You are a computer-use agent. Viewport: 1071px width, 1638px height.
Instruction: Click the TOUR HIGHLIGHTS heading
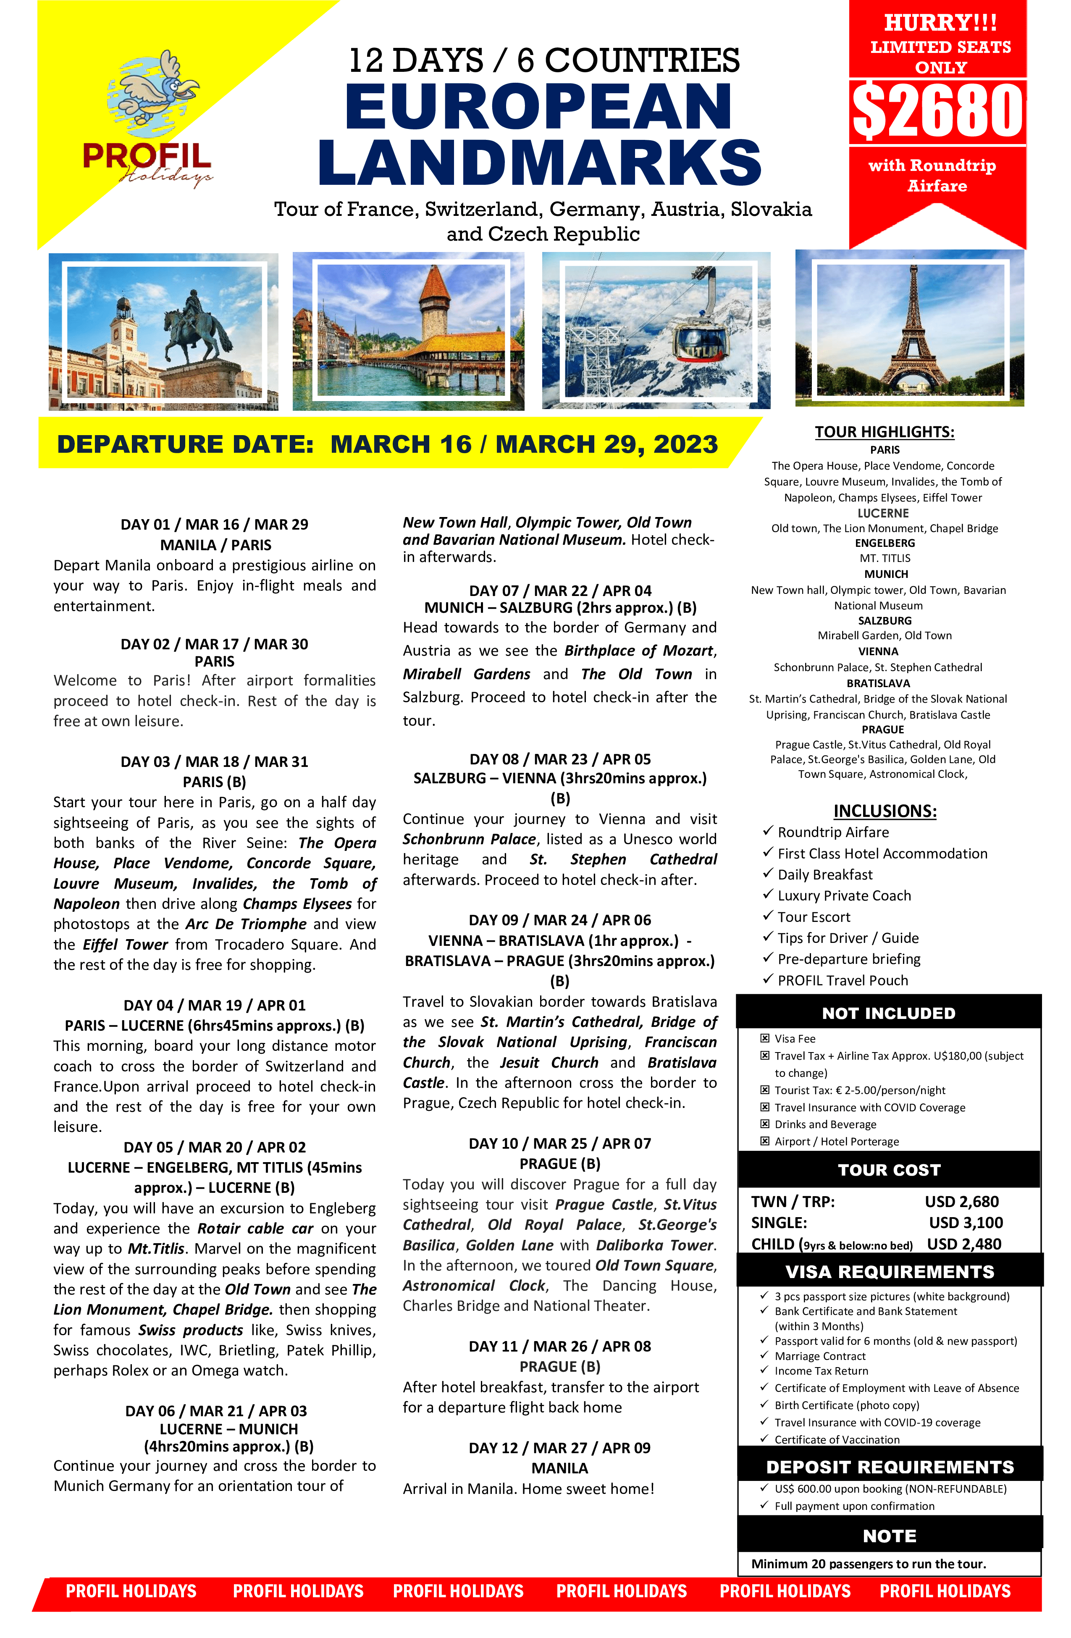pos(885,431)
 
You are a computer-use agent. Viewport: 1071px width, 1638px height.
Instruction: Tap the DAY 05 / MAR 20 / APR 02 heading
pos(215,1147)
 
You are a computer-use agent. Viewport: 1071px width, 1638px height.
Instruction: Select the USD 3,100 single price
pos(966,1222)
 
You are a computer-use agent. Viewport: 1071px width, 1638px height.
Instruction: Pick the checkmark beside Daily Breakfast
pos(768,874)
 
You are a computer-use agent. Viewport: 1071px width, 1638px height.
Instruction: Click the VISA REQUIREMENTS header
pos(889,1272)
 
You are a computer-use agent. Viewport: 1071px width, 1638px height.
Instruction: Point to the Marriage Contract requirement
pos(820,1356)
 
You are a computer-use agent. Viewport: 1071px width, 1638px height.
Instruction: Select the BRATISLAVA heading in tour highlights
pos(877,683)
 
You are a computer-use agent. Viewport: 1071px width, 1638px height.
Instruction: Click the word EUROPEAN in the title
pos(538,107)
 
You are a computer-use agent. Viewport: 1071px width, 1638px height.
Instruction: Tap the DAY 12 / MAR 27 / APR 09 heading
pos(559,1448)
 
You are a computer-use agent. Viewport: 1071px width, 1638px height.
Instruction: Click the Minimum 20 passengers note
pos(868,1564)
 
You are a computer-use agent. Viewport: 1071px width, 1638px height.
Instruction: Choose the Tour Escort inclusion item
pos(814,917)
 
